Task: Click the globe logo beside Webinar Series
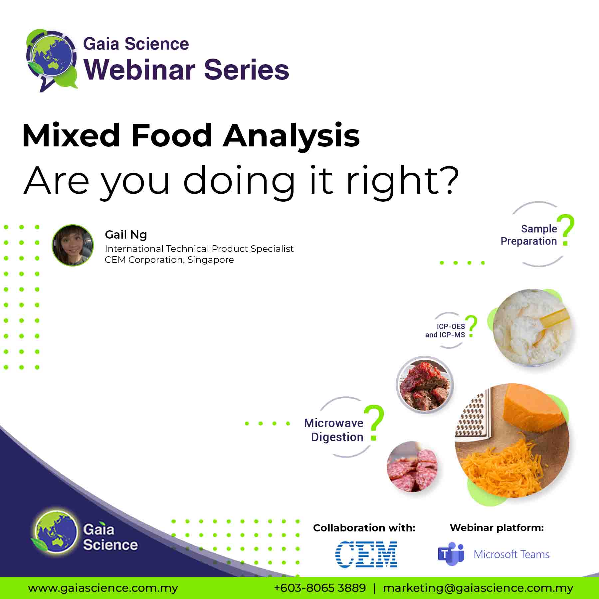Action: click(52, 60)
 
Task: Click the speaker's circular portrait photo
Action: click(73, 245)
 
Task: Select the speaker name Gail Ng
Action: click(126, 235)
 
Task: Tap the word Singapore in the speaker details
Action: click(210, 260)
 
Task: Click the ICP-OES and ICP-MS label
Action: click(445, 331)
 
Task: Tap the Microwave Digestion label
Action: click(334, 430)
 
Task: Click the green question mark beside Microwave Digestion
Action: click(374, 423)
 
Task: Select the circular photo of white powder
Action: click(531, 328)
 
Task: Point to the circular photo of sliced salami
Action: click(412, 467)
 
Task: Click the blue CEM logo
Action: click(366, 554)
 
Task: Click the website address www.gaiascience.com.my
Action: click(103, 588)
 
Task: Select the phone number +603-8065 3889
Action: click(320, 588)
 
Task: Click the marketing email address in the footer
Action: click(478, 588)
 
